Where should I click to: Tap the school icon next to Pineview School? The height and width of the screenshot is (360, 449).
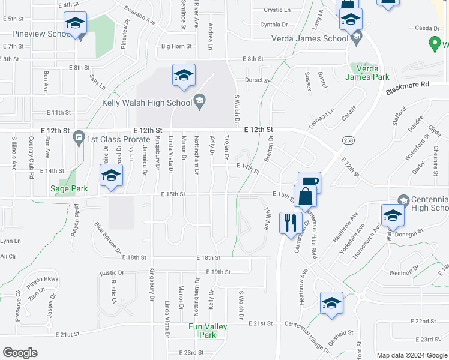point(75,23)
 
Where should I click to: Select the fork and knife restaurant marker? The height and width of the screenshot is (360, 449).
point(291,223)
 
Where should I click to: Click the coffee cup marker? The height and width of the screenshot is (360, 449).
point(309,182)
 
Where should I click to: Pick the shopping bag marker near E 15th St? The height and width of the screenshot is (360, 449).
point(306,197)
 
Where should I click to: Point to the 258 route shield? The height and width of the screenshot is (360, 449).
point(348,140)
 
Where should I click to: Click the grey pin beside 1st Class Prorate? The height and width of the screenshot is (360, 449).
point(79,139)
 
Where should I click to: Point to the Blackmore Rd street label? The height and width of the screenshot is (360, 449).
point(408,85)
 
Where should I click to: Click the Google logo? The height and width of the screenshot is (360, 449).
point(20,353)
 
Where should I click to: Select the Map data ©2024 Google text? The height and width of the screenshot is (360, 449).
point(412,355)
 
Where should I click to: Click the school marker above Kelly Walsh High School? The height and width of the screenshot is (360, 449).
point(184,75)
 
